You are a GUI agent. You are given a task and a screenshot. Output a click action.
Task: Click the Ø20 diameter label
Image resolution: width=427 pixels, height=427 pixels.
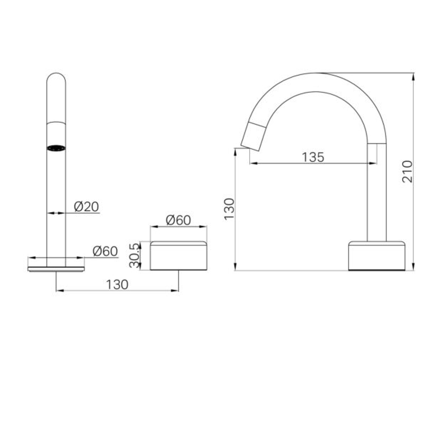tap(86, 206)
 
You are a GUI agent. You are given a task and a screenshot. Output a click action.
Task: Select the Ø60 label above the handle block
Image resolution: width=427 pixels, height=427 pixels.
tap(178, 220)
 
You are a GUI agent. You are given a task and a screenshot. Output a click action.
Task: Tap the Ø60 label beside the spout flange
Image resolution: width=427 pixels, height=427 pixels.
tap(105, 251)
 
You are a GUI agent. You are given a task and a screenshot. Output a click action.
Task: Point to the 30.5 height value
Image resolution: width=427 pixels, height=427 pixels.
tap(135, 255)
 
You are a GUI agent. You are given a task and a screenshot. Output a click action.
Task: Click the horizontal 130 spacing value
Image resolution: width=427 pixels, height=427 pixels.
tap(117, 284)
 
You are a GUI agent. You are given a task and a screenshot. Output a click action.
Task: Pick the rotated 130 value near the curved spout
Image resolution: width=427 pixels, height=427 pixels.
tap(229, 209)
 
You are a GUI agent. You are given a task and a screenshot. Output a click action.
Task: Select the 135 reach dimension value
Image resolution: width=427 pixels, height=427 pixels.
tap(313, 157)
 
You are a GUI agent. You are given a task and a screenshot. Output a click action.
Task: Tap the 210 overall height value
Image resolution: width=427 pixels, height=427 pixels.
tap(407, 171)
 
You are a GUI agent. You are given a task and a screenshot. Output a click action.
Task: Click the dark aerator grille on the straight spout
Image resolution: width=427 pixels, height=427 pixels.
tap(56, 148)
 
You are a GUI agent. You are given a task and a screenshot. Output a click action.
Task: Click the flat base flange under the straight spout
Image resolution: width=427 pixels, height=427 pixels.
tap(56, 269)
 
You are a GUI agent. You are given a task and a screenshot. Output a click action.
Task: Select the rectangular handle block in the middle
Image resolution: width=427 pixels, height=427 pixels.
tap(178, 256)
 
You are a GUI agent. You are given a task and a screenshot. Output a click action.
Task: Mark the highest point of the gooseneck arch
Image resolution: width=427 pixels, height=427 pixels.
tap(318, 74)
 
